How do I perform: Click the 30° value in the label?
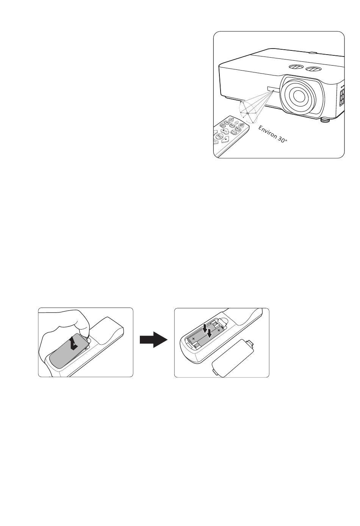tap(282, 140)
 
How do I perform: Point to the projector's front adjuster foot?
tap(325, 120)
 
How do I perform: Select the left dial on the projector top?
tap(295, 67)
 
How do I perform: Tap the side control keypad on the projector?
tap(342, 94)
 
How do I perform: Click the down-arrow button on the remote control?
tap(225, 139)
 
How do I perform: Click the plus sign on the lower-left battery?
tap(193, 339)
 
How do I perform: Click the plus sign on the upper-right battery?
tap(219, 330)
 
